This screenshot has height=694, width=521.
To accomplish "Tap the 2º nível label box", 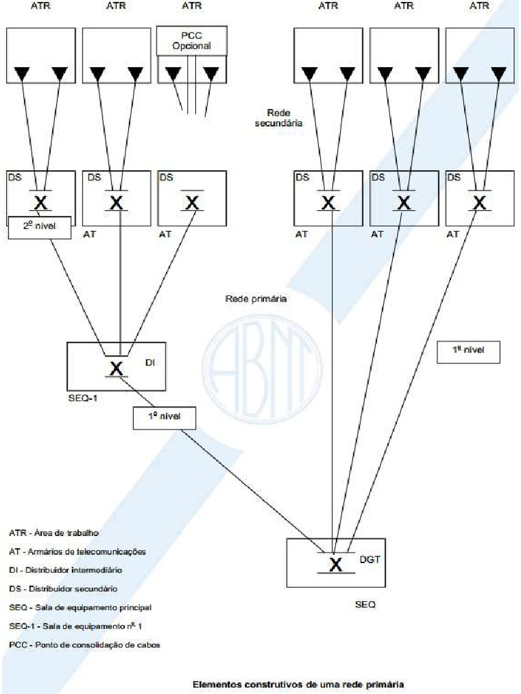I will click(x=39, y=228).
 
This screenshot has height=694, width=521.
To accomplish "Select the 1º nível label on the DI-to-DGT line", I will click(x=164, y=418).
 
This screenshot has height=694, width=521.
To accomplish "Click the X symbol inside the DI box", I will click(x=117, y=368).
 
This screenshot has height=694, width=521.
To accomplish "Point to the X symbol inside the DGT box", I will click(x=335, y=564).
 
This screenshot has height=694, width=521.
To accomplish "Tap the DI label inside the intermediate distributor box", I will click(x=151, y=363).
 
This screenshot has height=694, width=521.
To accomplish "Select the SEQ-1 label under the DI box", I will click(x=83, y=398).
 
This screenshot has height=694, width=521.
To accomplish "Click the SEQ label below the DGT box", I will click(x=365, y=605).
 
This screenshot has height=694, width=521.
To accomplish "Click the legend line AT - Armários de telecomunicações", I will click(x=77, y=552).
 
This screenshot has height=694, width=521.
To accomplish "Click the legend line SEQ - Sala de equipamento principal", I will click(x=80, y=607).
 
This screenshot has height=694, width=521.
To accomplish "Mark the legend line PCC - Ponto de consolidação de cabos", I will click(x=84, y=644).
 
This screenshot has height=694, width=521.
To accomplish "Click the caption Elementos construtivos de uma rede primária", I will click(x=298, y=685).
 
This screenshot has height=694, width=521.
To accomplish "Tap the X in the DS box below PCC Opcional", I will click(x=193, y=202).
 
